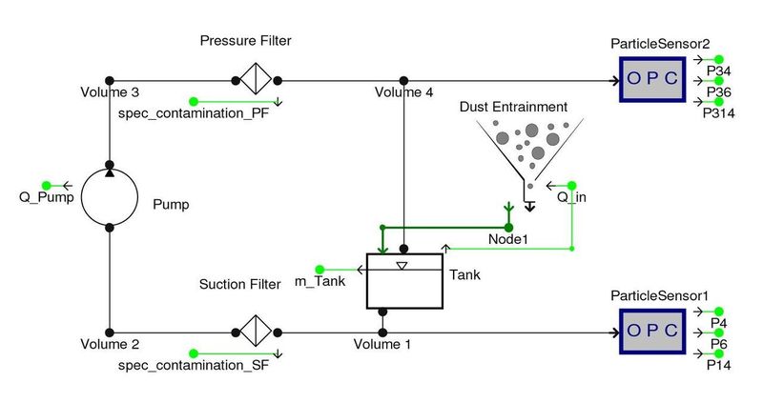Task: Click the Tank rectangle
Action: point(404,281)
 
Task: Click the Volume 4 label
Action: point(403,93)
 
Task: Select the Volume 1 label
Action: point(382,345)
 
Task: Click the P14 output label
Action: point(717,365)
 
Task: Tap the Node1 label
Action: point(507,239)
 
